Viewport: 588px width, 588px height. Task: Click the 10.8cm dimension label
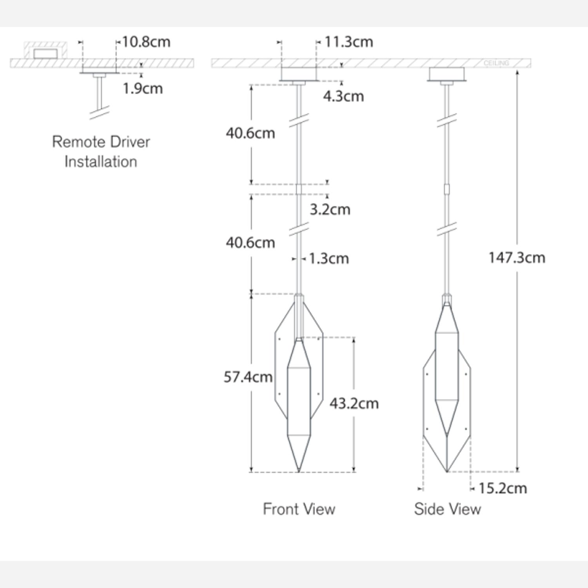click(146, 42)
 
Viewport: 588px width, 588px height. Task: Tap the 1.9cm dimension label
click(142, 89)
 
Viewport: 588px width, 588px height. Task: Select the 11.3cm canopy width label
click(348, 42)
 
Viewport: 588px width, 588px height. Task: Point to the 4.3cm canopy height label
click(343, 96)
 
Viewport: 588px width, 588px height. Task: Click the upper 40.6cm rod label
click(250, 133)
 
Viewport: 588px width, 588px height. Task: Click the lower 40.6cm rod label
click(250, 243)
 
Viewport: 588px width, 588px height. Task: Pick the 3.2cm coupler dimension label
click(330, 210)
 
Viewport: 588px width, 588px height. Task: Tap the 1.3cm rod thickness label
click(328, 259)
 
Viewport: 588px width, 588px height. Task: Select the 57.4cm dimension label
click(248, 377)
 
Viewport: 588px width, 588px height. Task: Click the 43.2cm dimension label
click(354, 403)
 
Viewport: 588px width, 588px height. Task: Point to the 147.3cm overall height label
click(516, 258)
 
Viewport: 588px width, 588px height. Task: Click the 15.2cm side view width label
click(503, 488)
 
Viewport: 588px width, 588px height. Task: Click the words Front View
click(299, 509)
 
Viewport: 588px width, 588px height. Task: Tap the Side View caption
click(447, 509)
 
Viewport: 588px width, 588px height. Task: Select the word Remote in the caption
click(74, 142)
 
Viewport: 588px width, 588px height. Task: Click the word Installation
click(101, 162)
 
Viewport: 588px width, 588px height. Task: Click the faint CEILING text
click(496, 63)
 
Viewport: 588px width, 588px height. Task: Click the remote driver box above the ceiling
click(45, 53)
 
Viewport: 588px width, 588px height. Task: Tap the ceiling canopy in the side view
click(446, 74)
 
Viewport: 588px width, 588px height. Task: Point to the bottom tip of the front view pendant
click(299, 471)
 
